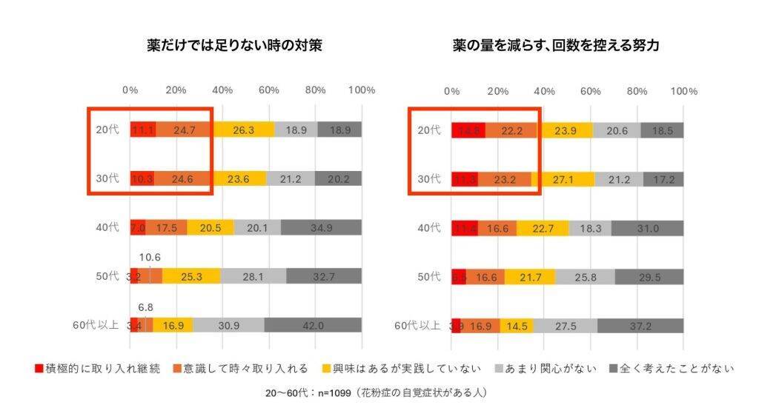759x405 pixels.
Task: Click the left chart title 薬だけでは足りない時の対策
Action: (234, 46)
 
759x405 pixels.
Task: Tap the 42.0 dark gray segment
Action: (313, 325)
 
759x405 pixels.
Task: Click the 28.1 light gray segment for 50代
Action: (253, 276)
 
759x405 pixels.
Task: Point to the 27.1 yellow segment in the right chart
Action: (563, 179)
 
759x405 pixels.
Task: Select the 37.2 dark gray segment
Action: (640, 325)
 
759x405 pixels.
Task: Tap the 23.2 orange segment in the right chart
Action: (504, 179)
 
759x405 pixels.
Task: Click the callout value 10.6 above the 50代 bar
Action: (150, 258)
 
